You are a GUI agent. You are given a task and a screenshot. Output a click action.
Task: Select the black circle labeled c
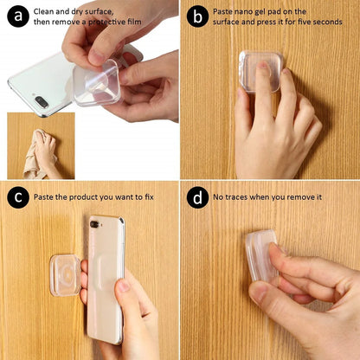(x=16, y=197)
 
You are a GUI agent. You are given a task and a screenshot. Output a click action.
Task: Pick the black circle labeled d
(x=198, y=197)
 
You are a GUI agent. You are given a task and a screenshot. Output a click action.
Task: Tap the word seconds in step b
(x=324, y=22)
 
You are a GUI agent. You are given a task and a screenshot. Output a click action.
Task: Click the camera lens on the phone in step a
(x=42, y=102)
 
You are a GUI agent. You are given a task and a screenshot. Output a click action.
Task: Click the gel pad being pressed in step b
(x=259, y=71)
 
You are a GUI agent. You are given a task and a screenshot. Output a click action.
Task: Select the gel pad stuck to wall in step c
(x=65, y=273)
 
